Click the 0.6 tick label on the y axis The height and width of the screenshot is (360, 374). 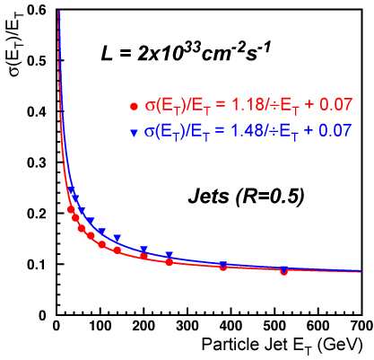coord(39,10)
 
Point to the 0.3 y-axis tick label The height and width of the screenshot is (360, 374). coord(39,162)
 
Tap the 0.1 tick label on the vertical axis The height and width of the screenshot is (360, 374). coord(39,265)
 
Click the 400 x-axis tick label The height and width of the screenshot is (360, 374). coord(230,326)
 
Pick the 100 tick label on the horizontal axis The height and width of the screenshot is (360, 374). coord(100,326)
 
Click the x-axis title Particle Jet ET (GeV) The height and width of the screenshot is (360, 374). coord(282,346)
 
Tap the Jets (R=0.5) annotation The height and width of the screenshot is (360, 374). coord(246,197)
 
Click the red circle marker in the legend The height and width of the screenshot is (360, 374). coord(135,106)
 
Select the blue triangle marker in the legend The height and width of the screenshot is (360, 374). coord(135,133)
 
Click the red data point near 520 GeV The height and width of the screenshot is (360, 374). coord(284,272)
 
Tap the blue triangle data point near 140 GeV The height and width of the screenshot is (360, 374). coord(117,238)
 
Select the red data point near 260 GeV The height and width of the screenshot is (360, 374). coord(170,262)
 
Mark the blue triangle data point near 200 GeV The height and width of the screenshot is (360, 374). coord(144,249)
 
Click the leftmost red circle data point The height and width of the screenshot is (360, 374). coord(71,209)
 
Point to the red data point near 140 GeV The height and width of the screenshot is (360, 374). coord(117,250)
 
